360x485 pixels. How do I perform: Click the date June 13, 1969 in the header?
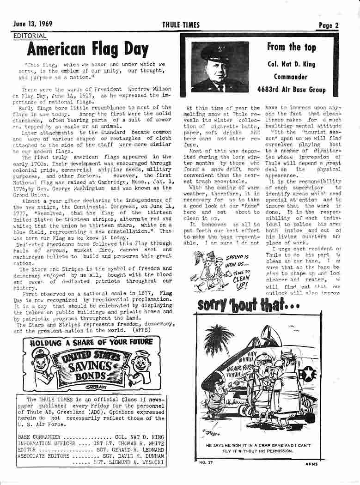(33, 25)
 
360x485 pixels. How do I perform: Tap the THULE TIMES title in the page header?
(181, 25)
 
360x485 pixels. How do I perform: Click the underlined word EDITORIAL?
(30, 36)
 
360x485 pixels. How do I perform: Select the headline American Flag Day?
(88, 49)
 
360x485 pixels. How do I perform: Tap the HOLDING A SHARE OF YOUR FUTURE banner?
(91, 342)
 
